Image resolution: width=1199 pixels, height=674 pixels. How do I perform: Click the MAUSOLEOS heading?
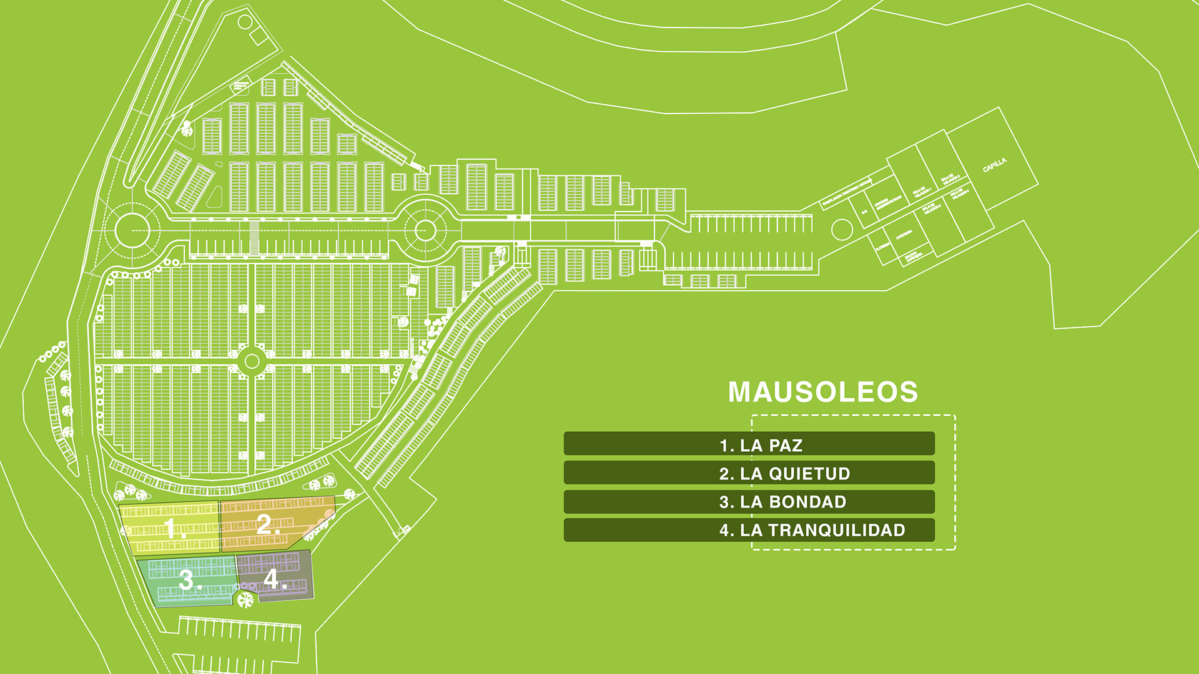click(822, 392)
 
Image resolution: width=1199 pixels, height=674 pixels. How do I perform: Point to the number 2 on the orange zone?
click(267, 524)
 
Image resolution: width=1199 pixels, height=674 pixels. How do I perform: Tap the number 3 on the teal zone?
click(188, 580)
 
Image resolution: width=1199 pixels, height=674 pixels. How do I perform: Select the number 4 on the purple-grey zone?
click(273, 579)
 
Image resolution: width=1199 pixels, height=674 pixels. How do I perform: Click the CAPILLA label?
click(995, 165)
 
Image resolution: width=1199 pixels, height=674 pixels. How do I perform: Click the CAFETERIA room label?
click(904, 235)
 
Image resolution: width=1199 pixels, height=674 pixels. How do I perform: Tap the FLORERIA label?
click(882, 247)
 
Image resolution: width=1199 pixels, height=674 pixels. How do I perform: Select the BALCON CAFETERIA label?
click(912, 256)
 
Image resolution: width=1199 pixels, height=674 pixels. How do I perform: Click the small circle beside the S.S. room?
click(842, 230)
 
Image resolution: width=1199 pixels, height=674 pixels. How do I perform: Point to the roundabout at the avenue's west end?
click(132, 230)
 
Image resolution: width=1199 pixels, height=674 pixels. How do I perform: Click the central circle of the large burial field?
click(252, 361)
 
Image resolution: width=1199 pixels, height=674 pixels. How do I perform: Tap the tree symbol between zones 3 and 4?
click(245, 600)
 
